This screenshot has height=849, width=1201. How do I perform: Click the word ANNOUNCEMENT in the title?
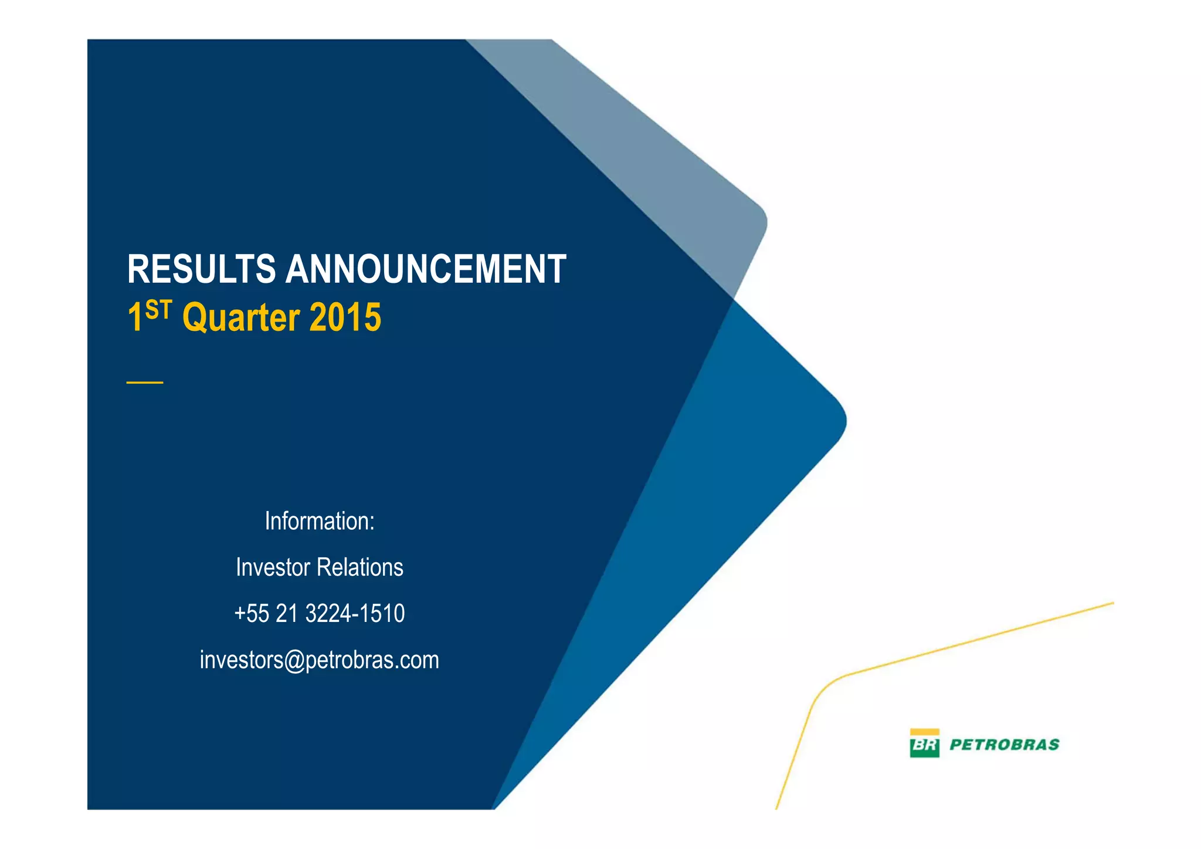click(426, 269)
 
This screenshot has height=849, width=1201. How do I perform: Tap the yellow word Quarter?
click(241, 317)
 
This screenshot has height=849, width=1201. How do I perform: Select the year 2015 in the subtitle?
click(345, 317)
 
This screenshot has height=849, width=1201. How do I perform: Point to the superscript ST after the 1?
click(158, 309)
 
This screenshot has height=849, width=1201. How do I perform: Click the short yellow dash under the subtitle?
click(145, 383)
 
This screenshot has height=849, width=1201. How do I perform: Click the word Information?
click(320, 521)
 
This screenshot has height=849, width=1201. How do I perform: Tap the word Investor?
click(273, 567)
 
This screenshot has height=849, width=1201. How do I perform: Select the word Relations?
click(360, 567)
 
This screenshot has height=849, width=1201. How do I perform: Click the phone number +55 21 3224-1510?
click(320, 614)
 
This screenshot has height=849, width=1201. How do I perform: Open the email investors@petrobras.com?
click(320, 660)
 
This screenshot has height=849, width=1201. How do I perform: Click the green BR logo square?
click(924, 746)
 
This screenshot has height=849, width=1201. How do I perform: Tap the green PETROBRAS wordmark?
click(1004, 745)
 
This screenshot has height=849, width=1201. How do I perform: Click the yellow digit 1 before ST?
click(134, 318)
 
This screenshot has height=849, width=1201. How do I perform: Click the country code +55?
click(252, 614)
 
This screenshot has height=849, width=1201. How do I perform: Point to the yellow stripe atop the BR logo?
click(924, 732)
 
